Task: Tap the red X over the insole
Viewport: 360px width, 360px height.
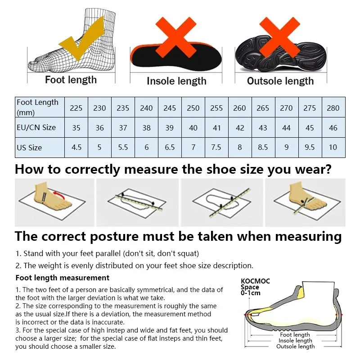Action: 176,37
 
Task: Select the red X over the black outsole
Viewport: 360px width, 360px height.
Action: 279,37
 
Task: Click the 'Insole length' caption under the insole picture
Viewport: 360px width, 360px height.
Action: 176,81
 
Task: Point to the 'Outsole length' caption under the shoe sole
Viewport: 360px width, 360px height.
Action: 280,81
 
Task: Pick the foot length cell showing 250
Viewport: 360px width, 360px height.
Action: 193,108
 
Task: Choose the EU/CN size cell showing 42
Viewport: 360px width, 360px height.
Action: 240,128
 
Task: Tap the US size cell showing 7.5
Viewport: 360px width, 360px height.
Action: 216,148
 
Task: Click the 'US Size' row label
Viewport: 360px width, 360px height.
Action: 29,148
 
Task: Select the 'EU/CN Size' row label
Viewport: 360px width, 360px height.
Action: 36,127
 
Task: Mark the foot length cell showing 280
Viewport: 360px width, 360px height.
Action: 333,108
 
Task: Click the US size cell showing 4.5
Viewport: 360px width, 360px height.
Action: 76,148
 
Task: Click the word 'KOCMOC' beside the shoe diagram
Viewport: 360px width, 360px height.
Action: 255,281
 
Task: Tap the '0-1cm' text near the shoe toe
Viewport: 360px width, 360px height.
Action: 251,293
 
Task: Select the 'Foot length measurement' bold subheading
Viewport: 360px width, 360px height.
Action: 63,278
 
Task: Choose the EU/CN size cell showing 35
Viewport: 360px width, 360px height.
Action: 76,128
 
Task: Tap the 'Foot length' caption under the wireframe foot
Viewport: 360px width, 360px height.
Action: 71,80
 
